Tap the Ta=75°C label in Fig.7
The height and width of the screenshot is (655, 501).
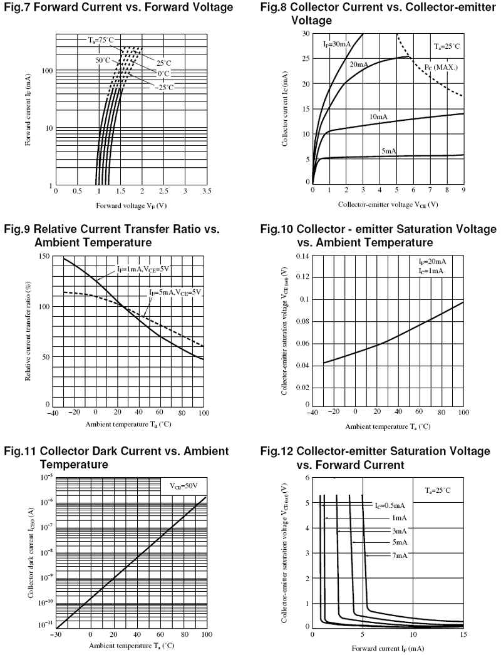point(100,40)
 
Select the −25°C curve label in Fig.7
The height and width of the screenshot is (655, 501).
point(166,87)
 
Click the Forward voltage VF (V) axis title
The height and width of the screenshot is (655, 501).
point(131,205)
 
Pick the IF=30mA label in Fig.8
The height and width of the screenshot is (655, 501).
point(337,44)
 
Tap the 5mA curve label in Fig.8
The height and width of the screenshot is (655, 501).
point(389,151)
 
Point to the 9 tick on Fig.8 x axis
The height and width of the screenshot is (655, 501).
point(463,190)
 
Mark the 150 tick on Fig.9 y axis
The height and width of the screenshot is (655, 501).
point(44,257)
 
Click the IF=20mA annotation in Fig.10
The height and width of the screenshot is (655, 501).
point(433,261)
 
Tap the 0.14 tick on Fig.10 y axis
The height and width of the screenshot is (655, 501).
point(302,257)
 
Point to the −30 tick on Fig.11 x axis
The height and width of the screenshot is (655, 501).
point(56,634)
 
